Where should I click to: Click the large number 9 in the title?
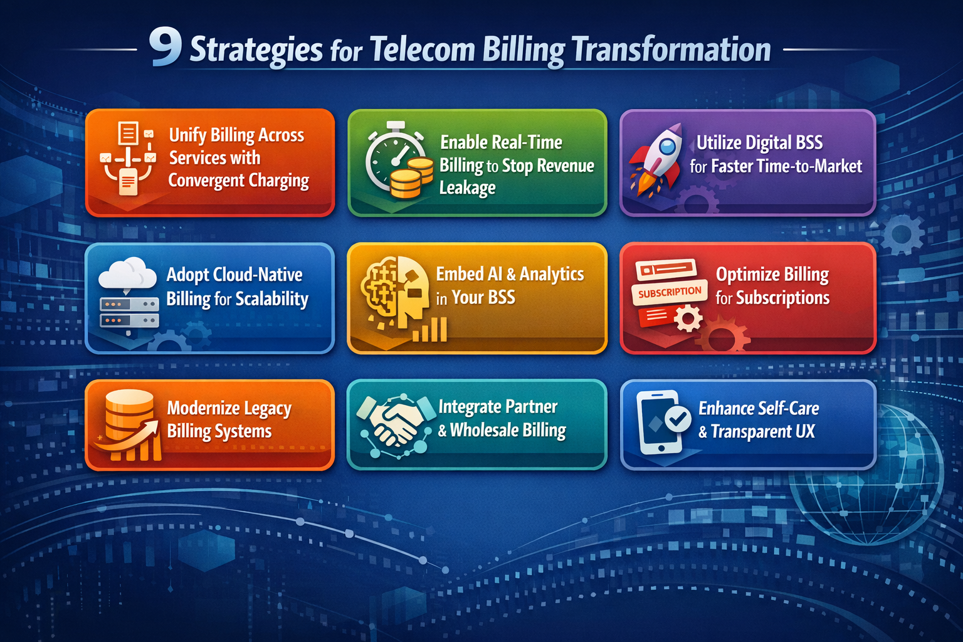[166, 48]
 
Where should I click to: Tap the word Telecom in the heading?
[422, 50]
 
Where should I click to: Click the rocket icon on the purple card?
[656, 158]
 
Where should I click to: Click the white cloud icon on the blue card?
[128, 274]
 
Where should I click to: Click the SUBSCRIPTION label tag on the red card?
[670, 292]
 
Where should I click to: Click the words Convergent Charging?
[238, 181]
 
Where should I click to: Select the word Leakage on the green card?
[467, 187]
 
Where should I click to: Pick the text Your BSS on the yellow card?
[483, 297]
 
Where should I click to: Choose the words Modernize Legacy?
[229, 408]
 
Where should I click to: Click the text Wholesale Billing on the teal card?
[508, 430]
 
